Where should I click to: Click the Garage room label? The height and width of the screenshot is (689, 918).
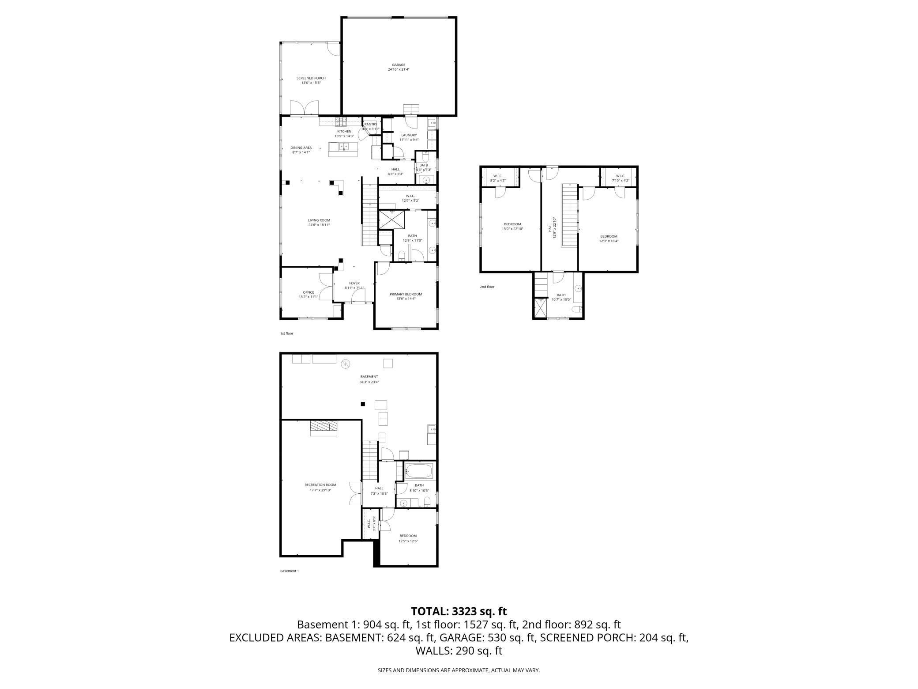(x=399, y=65)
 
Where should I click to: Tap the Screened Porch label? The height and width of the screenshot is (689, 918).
(x=311, y=78)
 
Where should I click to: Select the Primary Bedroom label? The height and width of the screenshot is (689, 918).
(x=406, y=294)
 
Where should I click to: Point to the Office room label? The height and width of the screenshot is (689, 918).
(x=309, y=292)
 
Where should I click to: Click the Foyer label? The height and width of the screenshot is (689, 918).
(x=354, y=283)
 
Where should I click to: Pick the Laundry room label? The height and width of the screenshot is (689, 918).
(x=409, y=135)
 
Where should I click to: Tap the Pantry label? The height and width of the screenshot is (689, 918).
(x=371, y=125)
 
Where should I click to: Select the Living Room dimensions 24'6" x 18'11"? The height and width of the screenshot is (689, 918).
(x=319, y=225)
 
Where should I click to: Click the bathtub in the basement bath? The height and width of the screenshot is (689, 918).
(x=418, y=471)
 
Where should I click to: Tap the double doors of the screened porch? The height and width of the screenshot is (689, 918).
(x=304, y=107)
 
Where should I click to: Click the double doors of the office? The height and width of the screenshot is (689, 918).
(x=326, y=288)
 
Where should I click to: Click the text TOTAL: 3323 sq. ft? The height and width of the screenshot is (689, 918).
(x=459, y=611)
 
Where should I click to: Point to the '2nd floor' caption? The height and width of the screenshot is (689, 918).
(x=487, y=287)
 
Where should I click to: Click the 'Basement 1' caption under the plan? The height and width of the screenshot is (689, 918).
(x=290, y=571)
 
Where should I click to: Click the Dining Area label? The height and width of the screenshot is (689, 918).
(x=301, y=148)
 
